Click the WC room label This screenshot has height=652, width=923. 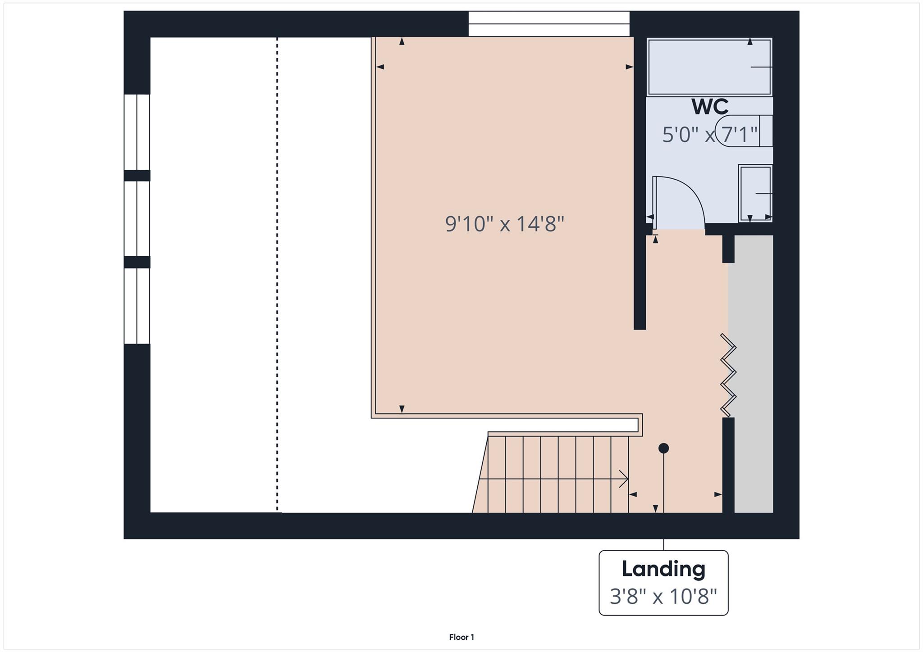point(710,107)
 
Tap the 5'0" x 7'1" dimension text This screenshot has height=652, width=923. point(710,135)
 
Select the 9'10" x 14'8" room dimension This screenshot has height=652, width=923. point(504,224)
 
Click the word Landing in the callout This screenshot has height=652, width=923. point(663,569)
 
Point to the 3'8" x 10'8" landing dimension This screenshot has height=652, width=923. point(663,597)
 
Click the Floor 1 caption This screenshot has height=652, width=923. point(461,637)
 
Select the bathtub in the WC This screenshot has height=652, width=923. point(709,67)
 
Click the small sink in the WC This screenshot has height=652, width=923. point(756,193)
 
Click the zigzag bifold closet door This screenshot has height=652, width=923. point(728,375)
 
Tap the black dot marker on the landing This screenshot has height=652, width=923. point(663,448)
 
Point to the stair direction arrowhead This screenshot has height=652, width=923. point(624,479)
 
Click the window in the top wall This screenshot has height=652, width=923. point(548,24)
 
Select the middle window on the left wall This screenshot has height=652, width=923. point(137,218)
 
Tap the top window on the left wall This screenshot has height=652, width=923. point(137,132)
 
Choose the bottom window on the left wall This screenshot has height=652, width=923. point(137,306)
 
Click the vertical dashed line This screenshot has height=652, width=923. point(277,275)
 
